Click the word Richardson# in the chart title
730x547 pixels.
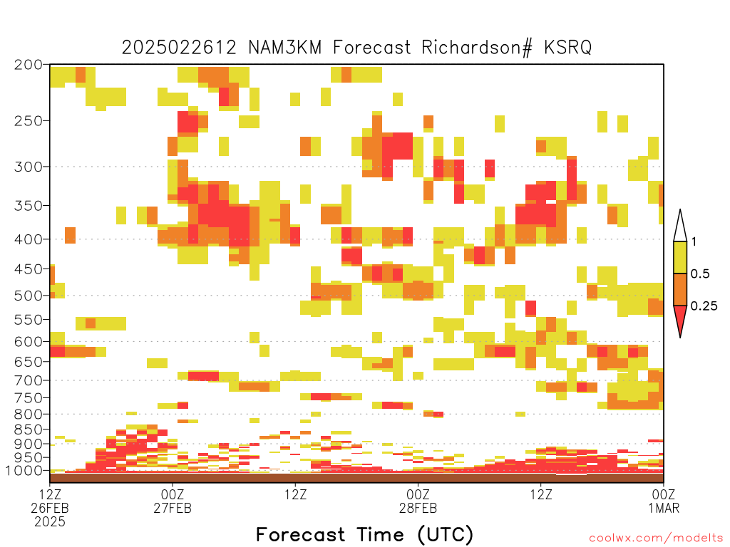pyautogui.click(x=477, y=48)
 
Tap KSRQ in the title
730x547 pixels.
pyautogui.click(x=568, y=48)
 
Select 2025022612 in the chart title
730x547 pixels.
pyautogui.click(x=179, y=48)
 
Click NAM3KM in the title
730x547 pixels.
pyautogui.click(x=285, y=48)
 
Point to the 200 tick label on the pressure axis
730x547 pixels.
pyautogui.click(x=29, y=65)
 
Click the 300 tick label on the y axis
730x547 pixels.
pyautogui.click(x=29, y=167)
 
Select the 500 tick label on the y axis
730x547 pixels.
pyautogui.click(x=29, y=296)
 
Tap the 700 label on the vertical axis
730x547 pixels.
pyautogui.click(x=29, y=380)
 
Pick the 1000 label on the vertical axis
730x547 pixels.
pyautogui.click(x=25, y=470)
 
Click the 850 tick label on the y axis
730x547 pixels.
pyautogui.click(x=29, y=429)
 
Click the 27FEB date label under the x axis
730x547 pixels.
pyautogui.click(x=173, y=508)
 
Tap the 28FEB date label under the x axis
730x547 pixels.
pyautogui.click(x=418, y=508)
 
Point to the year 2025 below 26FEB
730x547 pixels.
pyautogui.click(x=50, y=522)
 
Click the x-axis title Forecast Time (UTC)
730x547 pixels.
pyautogui.click(x=364, y=535)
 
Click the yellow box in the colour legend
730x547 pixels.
pyautogui.click(x=680, y=257)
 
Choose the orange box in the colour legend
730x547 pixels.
pyautogui.click(x=680, y=289)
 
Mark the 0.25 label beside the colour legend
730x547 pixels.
pyautogui.click(x=704, y=306)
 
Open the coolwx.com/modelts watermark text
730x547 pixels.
pyautogui.click(x=657, y=538)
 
